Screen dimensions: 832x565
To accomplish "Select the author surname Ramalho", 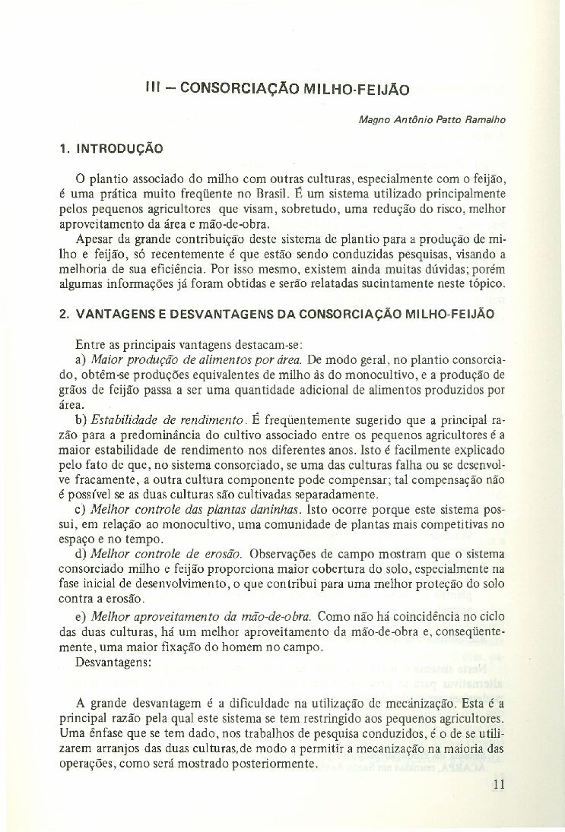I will click(x=487, y=119).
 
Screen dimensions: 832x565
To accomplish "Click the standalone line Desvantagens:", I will click(x=113, y=661).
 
